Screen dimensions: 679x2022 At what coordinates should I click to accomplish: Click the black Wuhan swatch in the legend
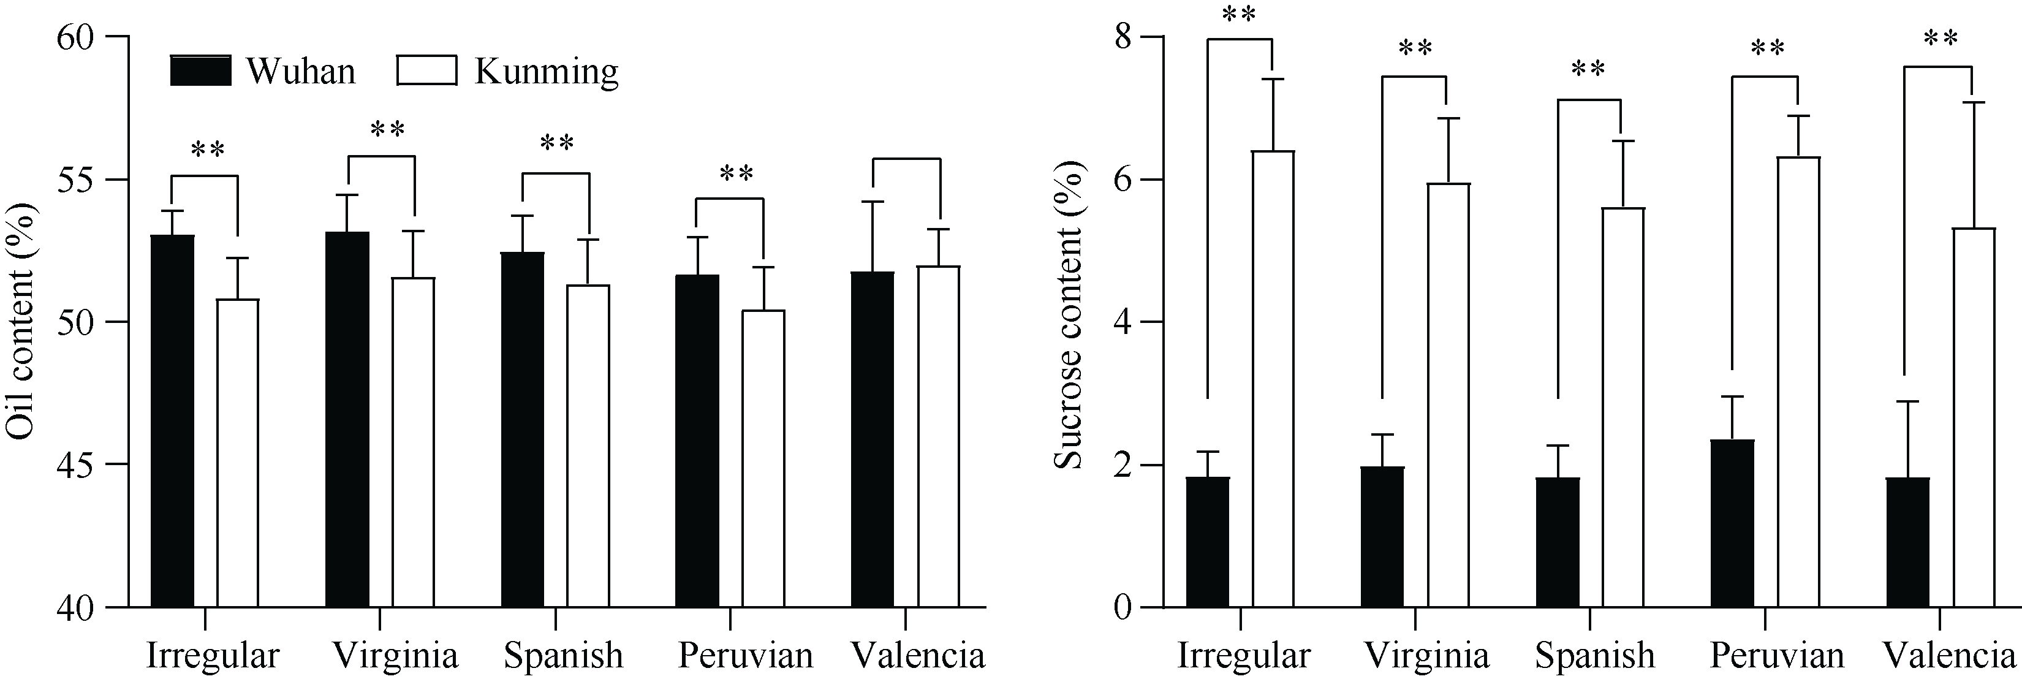[x=201, y=70]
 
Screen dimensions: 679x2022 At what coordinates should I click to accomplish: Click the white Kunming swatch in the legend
[x=426, y=70]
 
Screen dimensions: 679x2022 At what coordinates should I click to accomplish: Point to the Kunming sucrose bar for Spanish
[x=1623, y=408]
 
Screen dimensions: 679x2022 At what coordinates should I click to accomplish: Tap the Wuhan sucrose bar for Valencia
[x=1907, y=542]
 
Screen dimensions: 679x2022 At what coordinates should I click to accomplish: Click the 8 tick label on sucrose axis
[x=1123, y=37]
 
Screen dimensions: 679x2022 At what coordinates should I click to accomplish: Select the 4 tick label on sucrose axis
[x=1123, y=322]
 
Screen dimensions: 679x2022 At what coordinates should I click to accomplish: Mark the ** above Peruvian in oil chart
[x=736, y=174]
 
